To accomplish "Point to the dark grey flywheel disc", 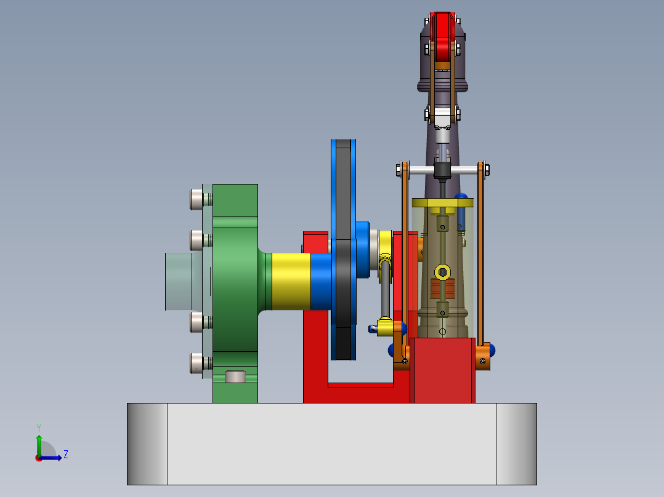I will (343, 246).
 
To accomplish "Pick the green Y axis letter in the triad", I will (38, 427).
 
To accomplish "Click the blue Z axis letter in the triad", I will (65, 455).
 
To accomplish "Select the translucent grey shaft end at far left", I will (179, 281).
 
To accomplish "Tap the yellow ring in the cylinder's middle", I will (442, 271).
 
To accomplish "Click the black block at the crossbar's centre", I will (442, 170).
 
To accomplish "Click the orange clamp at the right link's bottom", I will (484, 358).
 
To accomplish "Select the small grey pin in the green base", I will (235, 376).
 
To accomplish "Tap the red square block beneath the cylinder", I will (443, 370).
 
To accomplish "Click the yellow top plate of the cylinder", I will (442, 202).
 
